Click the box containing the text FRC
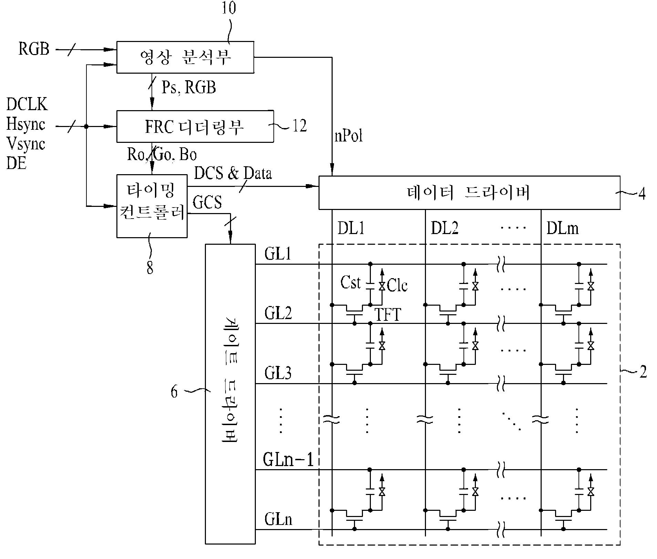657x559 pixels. (195, 126)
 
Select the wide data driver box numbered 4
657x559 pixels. (469, 193)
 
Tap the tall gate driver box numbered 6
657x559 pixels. (230, 394)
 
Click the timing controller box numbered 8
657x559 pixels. (152, 206)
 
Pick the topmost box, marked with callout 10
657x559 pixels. (185, 57)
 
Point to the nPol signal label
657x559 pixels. (349, 136)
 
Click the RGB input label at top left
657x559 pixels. (34, 49)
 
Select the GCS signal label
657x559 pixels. (207, 202)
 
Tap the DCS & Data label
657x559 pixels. (233, 173)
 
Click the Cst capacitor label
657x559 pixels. (351, 283)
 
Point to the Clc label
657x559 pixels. (397, 285)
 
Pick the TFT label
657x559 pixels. (388, 314)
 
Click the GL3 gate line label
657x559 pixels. (278, 373)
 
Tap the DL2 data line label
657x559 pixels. (445, 228)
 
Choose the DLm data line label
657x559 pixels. (562, 228)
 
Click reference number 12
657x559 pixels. (299, 126)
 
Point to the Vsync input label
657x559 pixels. (26, 144)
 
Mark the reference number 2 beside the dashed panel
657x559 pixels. (643, 372)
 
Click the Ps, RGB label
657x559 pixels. (189, 87)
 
